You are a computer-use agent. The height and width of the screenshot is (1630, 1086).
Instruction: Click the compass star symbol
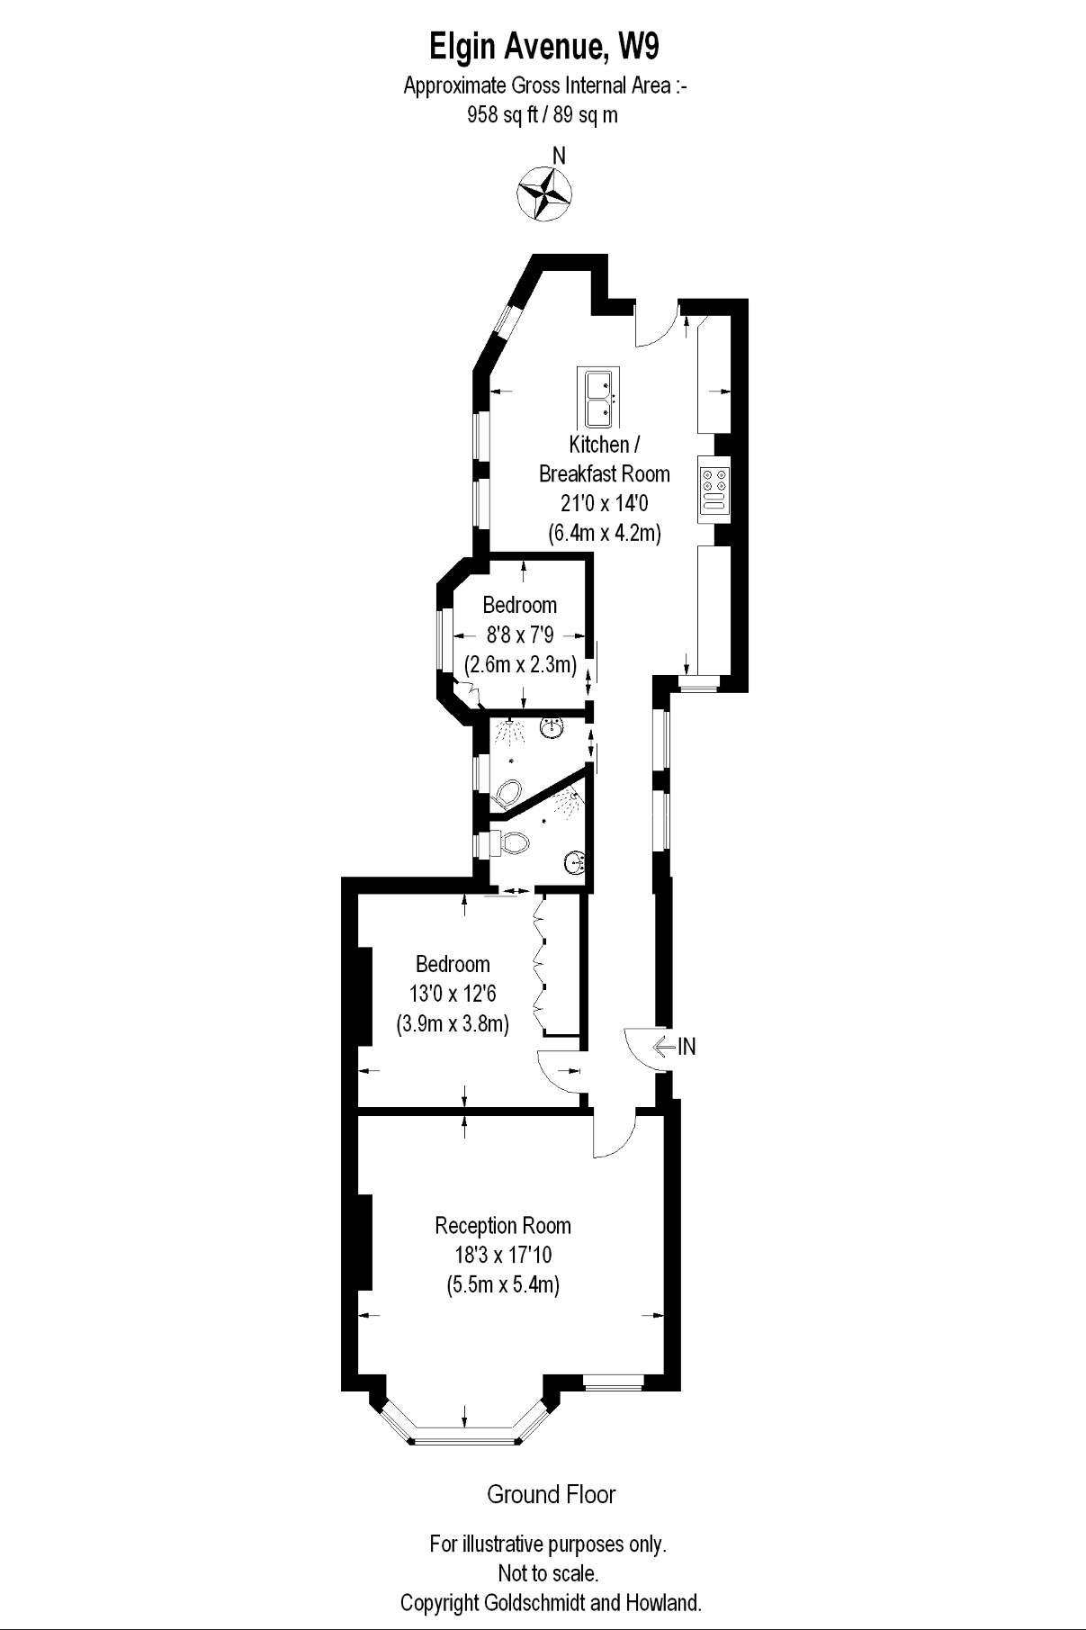[x=545, y=193]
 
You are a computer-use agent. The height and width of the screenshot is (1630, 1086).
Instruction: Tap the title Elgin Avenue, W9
[x=549, y=46]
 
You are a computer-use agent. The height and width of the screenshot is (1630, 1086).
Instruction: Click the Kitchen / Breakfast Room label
[x=604, y=458]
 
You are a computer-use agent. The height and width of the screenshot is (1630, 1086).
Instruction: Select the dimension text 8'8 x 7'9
[x=519, y=635]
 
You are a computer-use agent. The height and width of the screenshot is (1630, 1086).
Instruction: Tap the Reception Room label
[x=502, y=1225]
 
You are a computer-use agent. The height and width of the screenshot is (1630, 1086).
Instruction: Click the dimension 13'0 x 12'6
[x=453, y=994]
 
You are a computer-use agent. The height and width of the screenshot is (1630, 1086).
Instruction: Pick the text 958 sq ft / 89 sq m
[x=543, y=114]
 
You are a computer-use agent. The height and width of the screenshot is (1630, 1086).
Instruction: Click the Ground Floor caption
[x=551, y=1495]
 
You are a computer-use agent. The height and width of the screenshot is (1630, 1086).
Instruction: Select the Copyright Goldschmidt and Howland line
[x=551, y=1603]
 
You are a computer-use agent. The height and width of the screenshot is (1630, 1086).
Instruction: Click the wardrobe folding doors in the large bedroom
[x=541, y=963]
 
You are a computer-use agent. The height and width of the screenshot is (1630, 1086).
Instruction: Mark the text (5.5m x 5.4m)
[x=503, y=1284]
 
